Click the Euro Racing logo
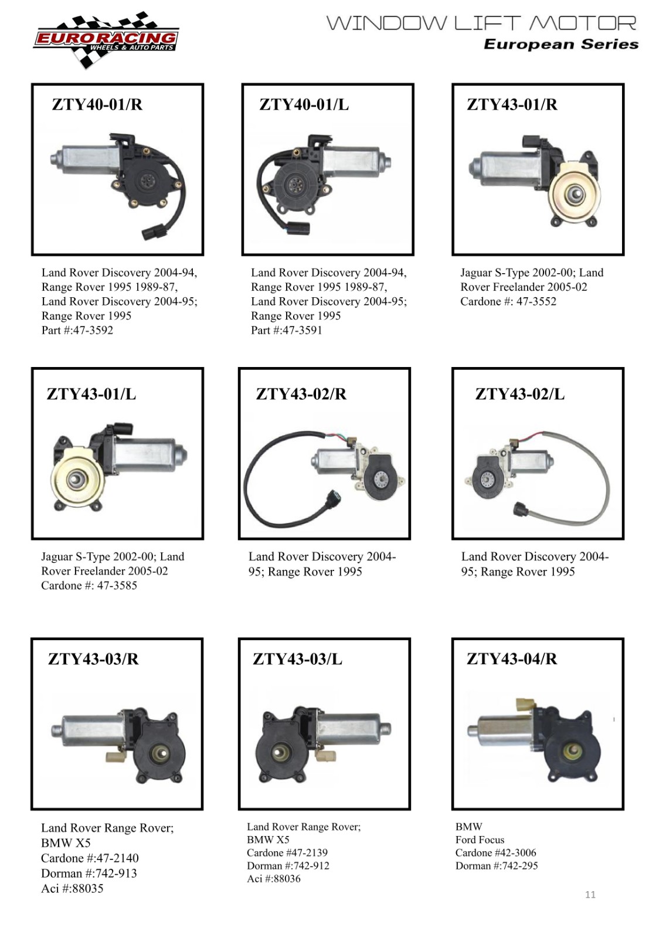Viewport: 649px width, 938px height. tap(106, 40)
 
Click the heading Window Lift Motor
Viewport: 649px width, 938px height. tap(481, 23)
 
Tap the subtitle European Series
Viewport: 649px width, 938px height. tap(561, 45)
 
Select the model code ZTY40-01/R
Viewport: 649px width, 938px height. tap(97, 104)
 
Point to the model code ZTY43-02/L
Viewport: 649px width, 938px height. tap(519, 394)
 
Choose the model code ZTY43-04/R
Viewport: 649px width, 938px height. tap(512, 659)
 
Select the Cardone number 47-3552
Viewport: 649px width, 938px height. tap(536, 301)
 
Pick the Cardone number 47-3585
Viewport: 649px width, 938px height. tap(117, 586)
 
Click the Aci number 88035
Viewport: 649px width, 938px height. tap(87, 889)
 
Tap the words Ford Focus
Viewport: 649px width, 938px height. tap(480, 840)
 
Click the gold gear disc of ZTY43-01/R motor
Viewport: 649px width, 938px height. tap(573, 194)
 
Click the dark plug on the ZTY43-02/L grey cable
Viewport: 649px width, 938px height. tap(522, 509)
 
